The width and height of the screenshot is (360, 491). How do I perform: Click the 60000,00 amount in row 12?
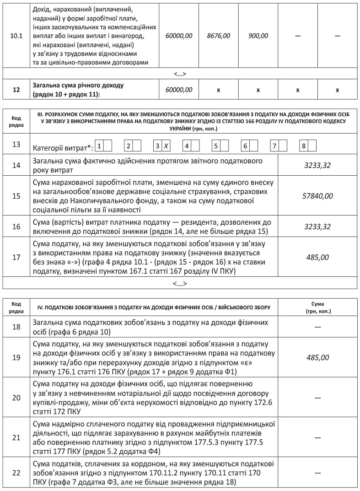click(179, 90)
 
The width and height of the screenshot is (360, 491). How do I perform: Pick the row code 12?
click(16, 90)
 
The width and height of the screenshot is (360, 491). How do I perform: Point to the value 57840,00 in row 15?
click(317, 196)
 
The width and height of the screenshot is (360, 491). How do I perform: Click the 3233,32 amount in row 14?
click(317, 166)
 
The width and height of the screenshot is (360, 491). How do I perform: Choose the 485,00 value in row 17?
click(317, 257)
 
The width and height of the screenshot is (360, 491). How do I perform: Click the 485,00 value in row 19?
click(317, 356)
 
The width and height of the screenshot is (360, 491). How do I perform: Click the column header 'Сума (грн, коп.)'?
click(317, 307)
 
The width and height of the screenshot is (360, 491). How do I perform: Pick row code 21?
click(16, 437)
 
